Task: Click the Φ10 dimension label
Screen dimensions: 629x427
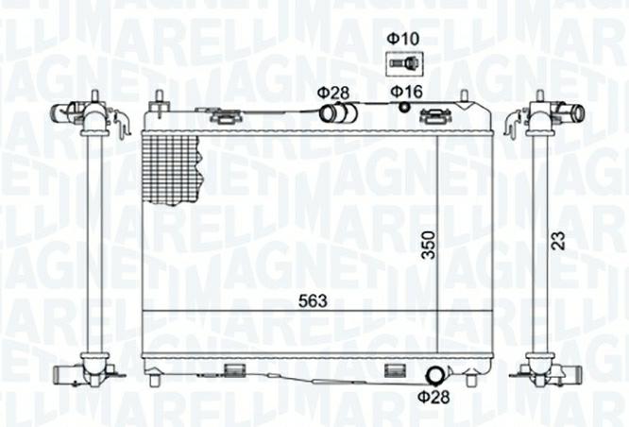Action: (x=403, y=39)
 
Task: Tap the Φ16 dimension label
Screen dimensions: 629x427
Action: (x=407, y=92)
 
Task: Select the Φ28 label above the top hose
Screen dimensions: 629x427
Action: (x=333, y=94)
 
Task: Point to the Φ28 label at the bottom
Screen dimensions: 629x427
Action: (x=433, y=397)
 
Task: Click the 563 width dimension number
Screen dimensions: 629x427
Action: (x=313, y=301)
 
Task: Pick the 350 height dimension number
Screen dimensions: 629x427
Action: (x=429, y=245)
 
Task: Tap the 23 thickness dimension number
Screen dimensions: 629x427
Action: (x=557, y=240)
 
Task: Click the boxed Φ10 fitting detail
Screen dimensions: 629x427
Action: (x=404, y=63)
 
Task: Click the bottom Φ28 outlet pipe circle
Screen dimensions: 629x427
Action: (x=435, y=376)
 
